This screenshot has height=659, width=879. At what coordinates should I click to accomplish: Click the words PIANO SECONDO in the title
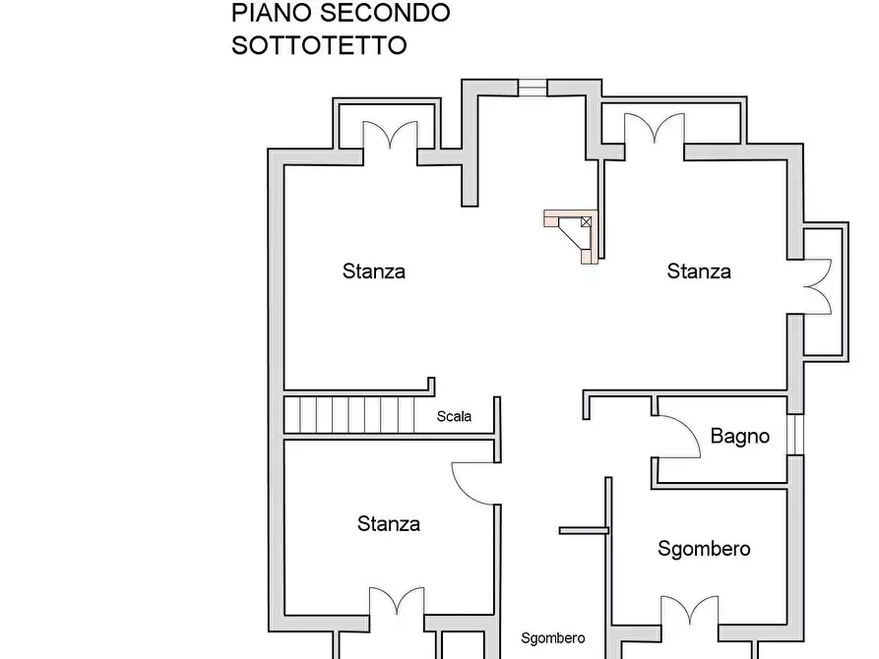point(341,13)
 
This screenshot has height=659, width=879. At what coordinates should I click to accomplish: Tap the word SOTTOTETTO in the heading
point(319,45)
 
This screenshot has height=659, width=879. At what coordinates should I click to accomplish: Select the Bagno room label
point(740,436)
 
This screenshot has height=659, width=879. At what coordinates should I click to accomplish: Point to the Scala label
point(454,416)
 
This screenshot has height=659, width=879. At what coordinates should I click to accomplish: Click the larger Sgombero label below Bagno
point(704,549)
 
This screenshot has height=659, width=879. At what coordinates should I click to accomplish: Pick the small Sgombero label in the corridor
point(552,638)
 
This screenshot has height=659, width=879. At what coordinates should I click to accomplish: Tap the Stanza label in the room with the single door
point(389,524)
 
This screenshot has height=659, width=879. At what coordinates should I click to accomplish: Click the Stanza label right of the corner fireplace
point(699,271)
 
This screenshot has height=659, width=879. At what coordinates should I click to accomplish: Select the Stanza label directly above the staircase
point(374,271)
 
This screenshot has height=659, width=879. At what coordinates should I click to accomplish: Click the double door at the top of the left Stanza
point(391,135)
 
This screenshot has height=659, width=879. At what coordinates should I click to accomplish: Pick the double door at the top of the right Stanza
point(655,128)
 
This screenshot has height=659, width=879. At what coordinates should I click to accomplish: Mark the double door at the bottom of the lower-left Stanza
point(397,602)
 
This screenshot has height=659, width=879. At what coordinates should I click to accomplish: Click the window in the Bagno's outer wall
point(795,436)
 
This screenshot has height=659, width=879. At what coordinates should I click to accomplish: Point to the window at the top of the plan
point(533,88)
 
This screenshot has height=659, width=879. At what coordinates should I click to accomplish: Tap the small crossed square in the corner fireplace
point(587,221)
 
